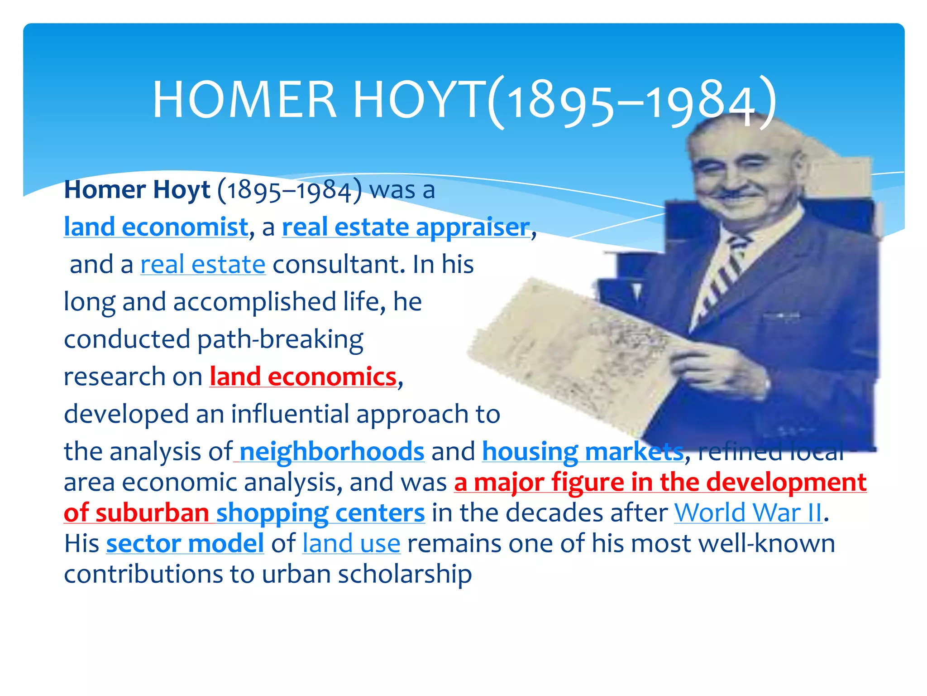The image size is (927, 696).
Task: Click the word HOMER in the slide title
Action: click(x=244, y=100)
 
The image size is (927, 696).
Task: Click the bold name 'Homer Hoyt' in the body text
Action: click(x=137, y=189)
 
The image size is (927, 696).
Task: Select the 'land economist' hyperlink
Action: click(x=156, y=227)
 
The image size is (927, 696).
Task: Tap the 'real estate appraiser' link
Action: click(x=406, y=227)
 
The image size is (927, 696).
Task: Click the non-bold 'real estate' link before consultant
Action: click(x=203, y=265)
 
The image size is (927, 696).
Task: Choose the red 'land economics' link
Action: click(x=303, y=377)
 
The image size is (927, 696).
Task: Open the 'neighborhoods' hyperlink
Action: click(x=332, y=451)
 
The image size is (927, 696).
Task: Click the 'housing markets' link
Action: click(x=583, y=451)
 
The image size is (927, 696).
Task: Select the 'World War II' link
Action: click(x=748, y=513)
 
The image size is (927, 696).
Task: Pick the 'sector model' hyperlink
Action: click(x=185, y=543)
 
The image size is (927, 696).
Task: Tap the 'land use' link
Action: click(x=351, y=543)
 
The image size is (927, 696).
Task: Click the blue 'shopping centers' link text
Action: click(x=320, y=513)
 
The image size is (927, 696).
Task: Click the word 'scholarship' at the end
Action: click(x=405, y=574)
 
